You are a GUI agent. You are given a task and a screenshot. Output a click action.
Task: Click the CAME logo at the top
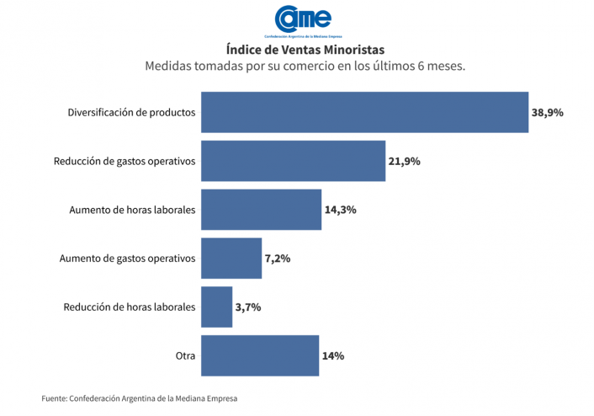[303, 21]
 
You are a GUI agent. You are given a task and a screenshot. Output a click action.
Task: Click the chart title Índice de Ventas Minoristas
[305, 50]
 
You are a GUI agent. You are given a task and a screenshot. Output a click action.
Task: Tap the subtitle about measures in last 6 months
[305, 66]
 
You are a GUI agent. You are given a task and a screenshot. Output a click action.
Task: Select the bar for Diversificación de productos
[364, 112]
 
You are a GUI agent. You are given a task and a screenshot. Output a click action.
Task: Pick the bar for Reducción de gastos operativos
[293, 161]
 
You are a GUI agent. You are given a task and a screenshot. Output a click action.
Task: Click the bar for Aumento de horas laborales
[262, 210]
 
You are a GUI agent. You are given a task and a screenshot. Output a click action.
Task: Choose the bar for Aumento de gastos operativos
[231, 259]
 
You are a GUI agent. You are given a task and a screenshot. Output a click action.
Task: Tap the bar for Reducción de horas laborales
[216, 307]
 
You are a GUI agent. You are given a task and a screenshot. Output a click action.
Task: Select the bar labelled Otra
[260, 356]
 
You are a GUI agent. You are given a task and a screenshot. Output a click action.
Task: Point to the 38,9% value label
[548, 112]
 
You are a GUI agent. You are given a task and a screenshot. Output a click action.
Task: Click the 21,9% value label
[404, 161]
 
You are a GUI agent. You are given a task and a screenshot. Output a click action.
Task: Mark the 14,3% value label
[341, 210]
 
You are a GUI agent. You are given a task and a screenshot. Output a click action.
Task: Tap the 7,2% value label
[278, 259]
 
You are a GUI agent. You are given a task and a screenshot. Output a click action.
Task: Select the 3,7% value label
[248, 307]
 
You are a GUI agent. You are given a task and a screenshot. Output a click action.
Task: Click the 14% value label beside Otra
[333, 356]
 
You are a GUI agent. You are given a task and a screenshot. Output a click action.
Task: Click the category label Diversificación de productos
[131, 112]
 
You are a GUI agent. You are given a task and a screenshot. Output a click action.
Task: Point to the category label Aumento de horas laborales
[132, 210]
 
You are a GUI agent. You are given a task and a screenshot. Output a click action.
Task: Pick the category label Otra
[185, 356]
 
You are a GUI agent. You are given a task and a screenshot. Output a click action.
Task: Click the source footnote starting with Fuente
[146, 397]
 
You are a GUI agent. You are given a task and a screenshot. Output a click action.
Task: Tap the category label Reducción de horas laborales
[130, 307]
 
